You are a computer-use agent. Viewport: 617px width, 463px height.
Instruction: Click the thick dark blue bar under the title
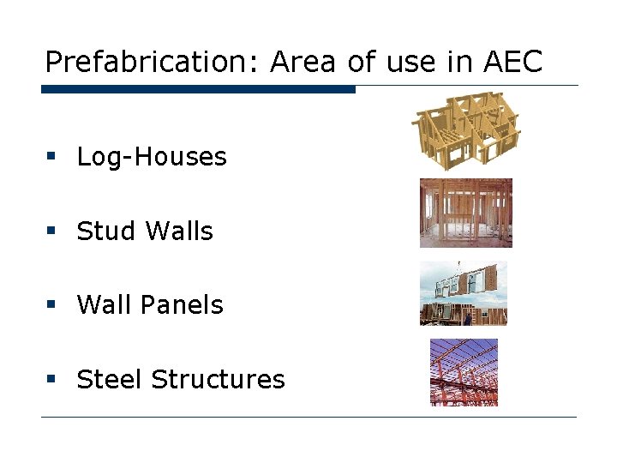[x=198, y=89]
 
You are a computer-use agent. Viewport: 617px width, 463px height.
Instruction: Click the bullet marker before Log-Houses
[x=51, y=157]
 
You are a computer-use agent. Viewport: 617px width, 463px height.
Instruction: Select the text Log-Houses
[x=152, y=157]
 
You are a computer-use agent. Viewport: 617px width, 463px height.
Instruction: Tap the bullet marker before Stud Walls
[x=51, y=231]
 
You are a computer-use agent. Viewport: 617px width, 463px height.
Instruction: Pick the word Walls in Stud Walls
[x=180, y=231]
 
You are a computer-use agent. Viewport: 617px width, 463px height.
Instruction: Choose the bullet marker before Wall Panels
[x=51, y=305]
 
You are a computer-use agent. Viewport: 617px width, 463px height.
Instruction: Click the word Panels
[x=185, y=305]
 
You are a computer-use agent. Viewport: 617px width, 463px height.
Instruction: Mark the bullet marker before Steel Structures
[x=51, y=379]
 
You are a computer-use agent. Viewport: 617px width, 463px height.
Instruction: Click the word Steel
[x=110, y=379]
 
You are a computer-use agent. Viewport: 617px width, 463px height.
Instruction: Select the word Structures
[x=218, y=379]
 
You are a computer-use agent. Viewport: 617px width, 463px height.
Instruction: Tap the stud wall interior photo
[x=465, y=213]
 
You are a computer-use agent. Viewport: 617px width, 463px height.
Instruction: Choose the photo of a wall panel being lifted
[x=464, y=293]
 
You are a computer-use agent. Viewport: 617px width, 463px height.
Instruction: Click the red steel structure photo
[x=464, y=372]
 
